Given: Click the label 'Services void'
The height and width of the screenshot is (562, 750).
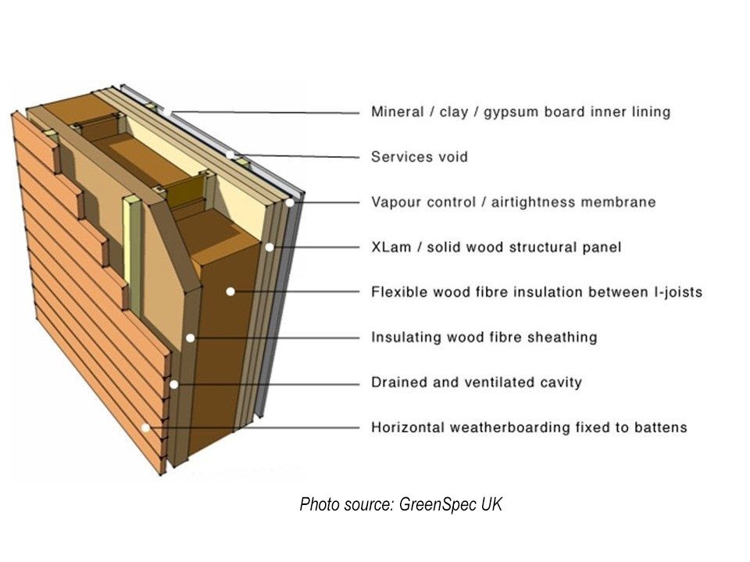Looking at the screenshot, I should (420, 157).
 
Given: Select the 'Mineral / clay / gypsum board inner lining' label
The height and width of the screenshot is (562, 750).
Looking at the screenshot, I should (520, 112).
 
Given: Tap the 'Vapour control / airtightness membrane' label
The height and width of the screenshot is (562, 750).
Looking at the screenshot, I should (513, 202).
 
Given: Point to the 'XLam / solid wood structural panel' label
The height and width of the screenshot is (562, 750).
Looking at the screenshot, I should (496, 247).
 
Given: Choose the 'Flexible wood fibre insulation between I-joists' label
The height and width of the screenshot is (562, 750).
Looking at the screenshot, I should (537, 293).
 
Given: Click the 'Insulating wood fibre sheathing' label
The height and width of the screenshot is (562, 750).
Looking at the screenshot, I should (484, 337).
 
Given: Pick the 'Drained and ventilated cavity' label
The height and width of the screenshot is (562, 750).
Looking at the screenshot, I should (477, 382).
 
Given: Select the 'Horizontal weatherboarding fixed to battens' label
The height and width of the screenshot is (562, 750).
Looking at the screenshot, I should (529, 428).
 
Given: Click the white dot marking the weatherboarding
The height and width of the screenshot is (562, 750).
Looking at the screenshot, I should (146, 428).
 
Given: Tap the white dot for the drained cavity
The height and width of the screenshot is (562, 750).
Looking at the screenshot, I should (174, 384).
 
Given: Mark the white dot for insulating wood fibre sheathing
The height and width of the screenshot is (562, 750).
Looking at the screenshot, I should (190, 338).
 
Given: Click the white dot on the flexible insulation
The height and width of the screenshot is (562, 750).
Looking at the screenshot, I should (230, 292).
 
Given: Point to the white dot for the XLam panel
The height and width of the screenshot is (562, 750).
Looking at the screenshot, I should (270, 247).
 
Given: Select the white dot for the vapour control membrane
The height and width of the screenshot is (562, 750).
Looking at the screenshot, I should (289, 203).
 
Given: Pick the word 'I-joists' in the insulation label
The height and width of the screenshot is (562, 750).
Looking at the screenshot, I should (677, 293).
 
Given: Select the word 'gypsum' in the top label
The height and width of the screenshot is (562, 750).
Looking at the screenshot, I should (512, 112).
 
